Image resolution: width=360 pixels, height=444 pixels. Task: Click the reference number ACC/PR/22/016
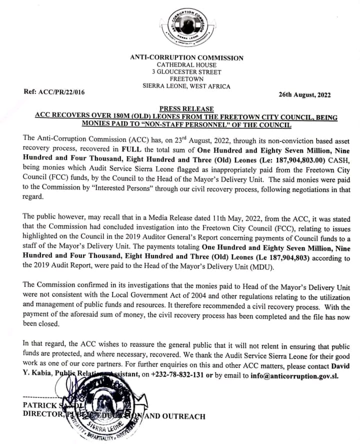[54, 92]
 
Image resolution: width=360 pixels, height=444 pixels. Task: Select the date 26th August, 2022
[304, 94]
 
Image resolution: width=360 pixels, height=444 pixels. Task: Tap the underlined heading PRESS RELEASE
[186, 109]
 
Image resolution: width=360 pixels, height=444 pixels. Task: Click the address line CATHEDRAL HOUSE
[186, 65]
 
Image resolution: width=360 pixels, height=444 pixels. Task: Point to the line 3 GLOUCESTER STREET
[186, 72]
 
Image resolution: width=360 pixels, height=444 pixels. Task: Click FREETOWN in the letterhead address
[186, 79]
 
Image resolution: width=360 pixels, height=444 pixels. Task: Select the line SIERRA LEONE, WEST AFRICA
[186, 86]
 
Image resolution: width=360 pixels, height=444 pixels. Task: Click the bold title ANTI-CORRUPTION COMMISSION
[186, 58]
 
